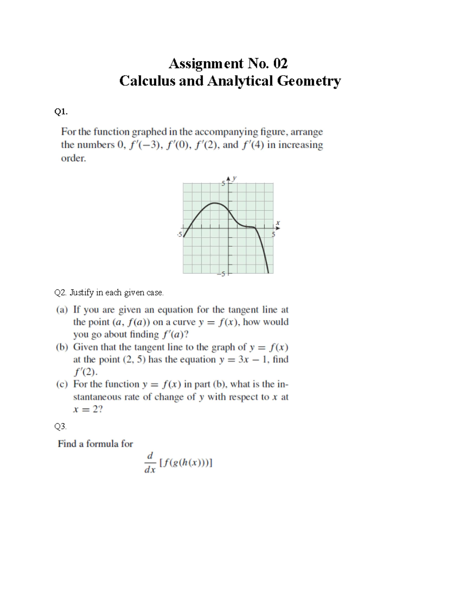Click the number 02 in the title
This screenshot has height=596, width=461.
coord(280,63)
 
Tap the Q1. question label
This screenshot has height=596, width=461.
coord(61,112)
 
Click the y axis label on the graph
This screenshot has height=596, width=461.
coord(235,178)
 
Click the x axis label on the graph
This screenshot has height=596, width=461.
coord(279,222)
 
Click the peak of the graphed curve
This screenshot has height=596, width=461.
coord(215,203)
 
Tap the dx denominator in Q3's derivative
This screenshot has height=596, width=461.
coord(150,470)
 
